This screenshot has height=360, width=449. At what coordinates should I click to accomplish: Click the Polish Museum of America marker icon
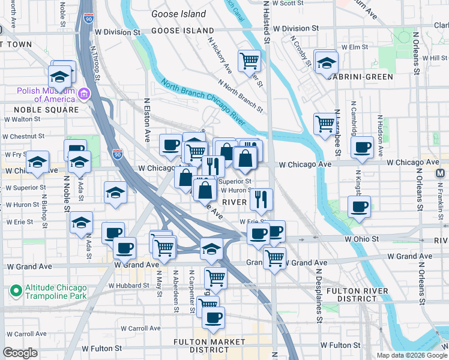[83, 94]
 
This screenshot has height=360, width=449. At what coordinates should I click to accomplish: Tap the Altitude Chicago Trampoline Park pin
[16, 292]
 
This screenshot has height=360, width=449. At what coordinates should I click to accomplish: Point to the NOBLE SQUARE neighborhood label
[49, 110]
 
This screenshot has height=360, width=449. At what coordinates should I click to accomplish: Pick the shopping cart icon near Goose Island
[249, 60]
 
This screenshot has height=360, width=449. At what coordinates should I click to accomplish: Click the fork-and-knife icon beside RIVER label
[261, 199]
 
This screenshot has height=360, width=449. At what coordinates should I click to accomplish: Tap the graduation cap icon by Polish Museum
[60, 77]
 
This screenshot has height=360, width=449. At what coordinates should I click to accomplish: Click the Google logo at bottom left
[20, 353]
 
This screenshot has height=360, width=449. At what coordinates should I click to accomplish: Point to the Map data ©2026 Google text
[412, 355]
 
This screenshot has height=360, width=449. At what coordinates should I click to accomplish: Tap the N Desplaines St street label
[319, 299]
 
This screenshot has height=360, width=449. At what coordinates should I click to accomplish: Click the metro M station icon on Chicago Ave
[439, 173]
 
